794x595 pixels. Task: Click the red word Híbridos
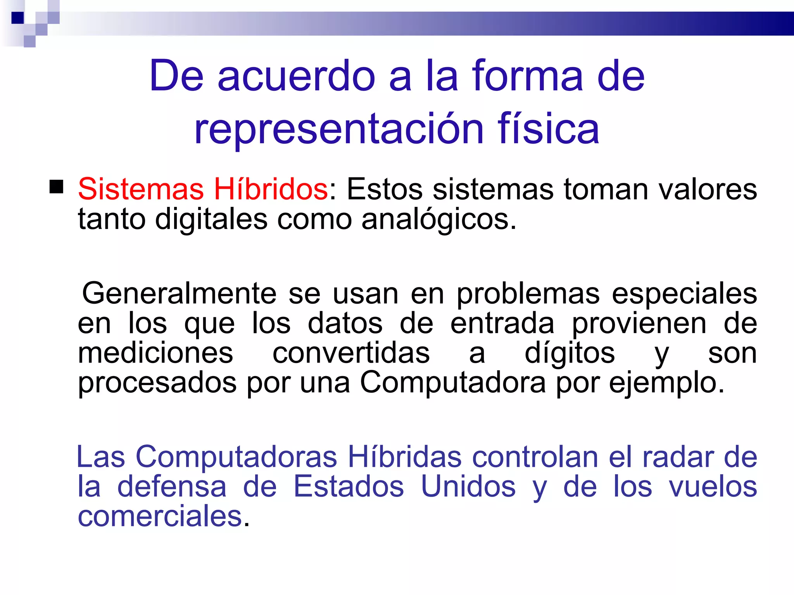click(271, 189)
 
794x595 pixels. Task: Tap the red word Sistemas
click(141, 189)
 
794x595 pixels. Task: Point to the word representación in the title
click(339, 129)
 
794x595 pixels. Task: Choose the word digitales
click(211, 219)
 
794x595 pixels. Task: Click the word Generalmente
click(179, 293)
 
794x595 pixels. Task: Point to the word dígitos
click(570, 353)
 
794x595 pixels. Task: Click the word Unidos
click(468, 487)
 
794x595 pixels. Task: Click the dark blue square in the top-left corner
click(18, 18)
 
